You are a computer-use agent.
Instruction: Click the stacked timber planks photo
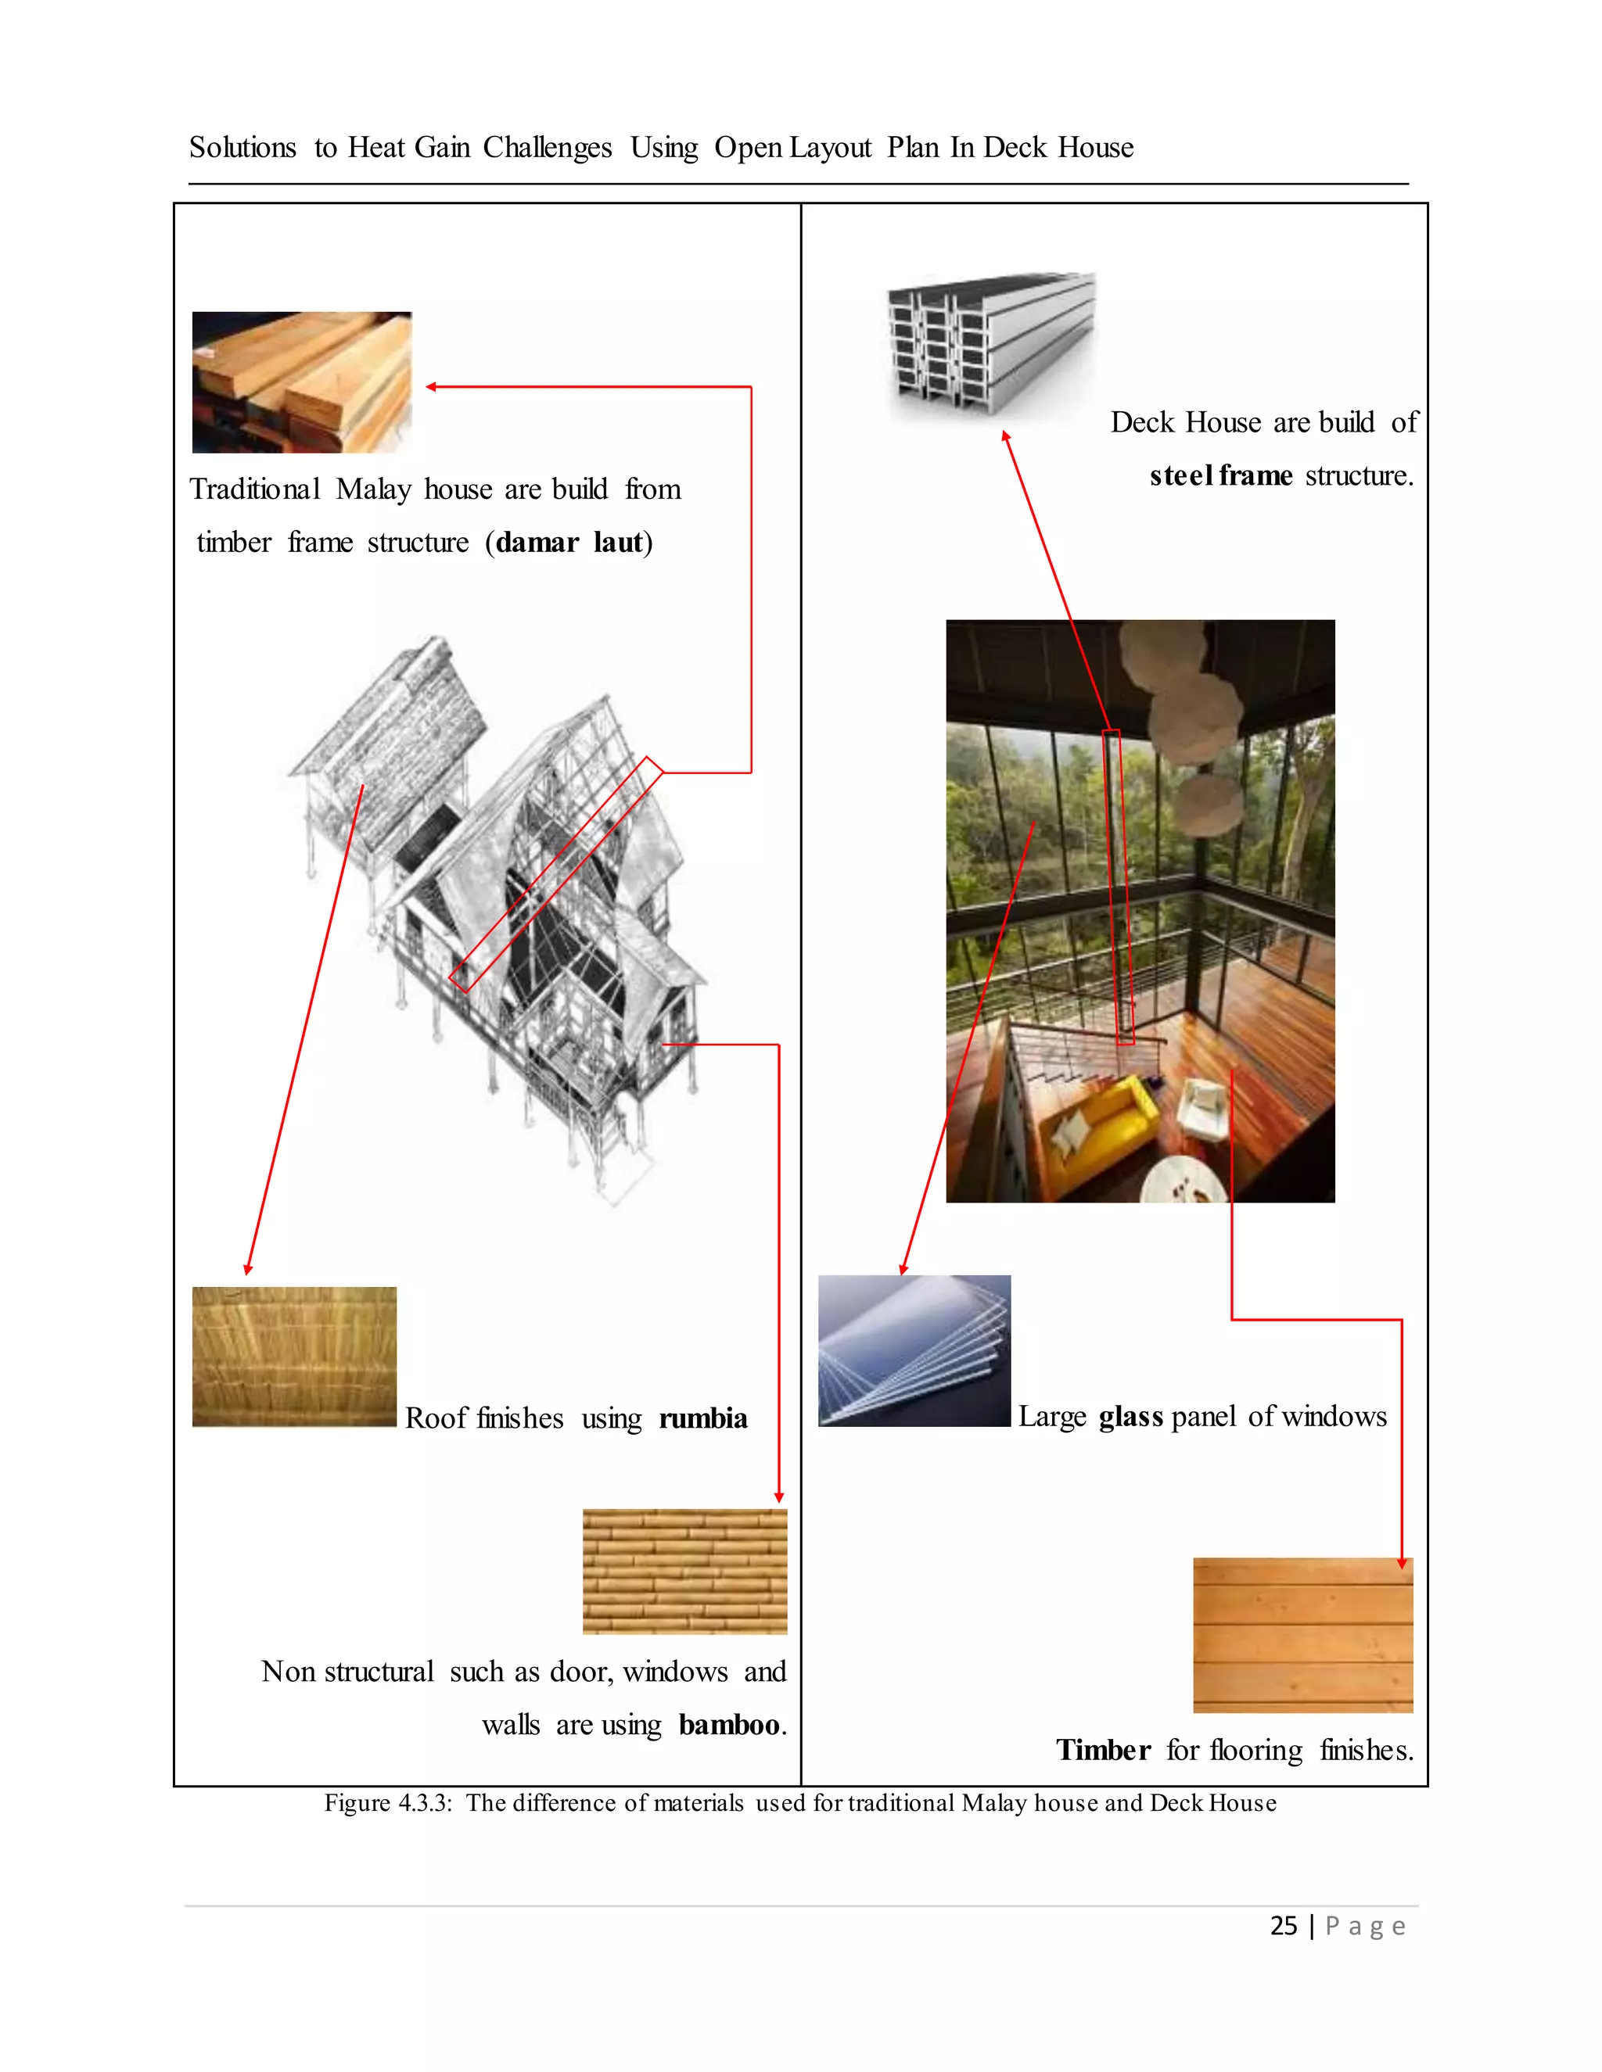pos(302,382)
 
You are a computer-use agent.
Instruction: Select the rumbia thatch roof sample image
pos(294,1357)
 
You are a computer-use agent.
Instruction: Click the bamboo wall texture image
pos(684,1571)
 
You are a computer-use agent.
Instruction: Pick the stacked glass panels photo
pos(914,1350)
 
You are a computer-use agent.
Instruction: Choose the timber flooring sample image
pos(1302,1635)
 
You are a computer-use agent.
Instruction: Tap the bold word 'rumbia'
pos(702,1418)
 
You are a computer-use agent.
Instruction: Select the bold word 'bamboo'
pos(729,1725)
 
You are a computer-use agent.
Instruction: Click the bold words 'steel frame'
pos(1220,475)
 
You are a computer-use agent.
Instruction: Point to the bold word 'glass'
pos(1130,1417)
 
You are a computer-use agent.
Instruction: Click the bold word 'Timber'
pos(1103,1751)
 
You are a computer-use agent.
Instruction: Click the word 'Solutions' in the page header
pos(243,148)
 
